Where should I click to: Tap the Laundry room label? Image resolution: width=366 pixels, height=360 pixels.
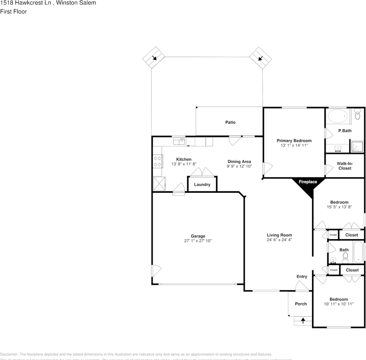(x=202, y=184)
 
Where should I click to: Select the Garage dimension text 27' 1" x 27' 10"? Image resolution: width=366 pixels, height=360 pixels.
(x=198, y=241)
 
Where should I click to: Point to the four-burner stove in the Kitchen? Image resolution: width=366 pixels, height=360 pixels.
(x=157, y=162)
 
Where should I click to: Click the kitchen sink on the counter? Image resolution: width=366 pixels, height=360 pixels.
(x=179, y=141)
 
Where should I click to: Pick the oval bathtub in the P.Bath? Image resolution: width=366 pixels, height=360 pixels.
(x=338, y=116)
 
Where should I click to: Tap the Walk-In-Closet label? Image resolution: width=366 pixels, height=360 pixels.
(x=345, y=166)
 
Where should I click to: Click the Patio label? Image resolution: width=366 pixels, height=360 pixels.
(x=230, y=122)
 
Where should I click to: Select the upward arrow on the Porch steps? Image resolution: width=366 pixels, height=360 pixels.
(x=303, y=321)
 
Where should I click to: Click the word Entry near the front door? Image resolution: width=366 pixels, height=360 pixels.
(x=301, y=277)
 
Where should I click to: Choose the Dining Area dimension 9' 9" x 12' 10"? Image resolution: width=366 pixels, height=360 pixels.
(x=239, y=166)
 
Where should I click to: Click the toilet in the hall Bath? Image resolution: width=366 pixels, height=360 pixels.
(x=345, y=257)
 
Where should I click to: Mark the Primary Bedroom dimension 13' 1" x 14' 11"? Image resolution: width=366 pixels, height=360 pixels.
(x=294, y=145)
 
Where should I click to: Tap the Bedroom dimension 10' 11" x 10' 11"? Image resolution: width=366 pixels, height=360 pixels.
(x=339, y=304)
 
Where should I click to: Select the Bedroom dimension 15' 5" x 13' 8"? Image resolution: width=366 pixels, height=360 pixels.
(x=339, y=207)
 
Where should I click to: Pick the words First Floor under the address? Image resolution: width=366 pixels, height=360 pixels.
(x=14, y=12)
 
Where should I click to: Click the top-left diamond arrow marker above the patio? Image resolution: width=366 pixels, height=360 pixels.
(x=154, y=58)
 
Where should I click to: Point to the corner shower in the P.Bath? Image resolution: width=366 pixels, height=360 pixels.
(x=357, y=146)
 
